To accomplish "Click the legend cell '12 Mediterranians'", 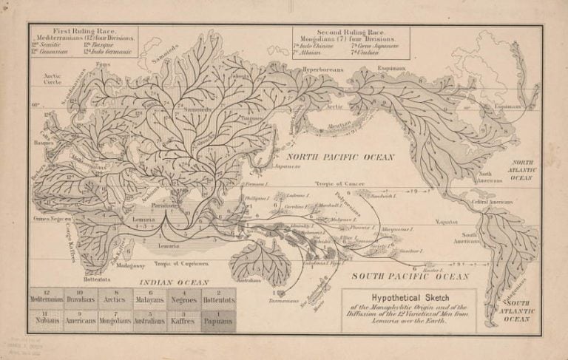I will coord(46,297).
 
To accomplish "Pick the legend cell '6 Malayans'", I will coord(151,297).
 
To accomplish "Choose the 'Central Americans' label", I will coord(493,201).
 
